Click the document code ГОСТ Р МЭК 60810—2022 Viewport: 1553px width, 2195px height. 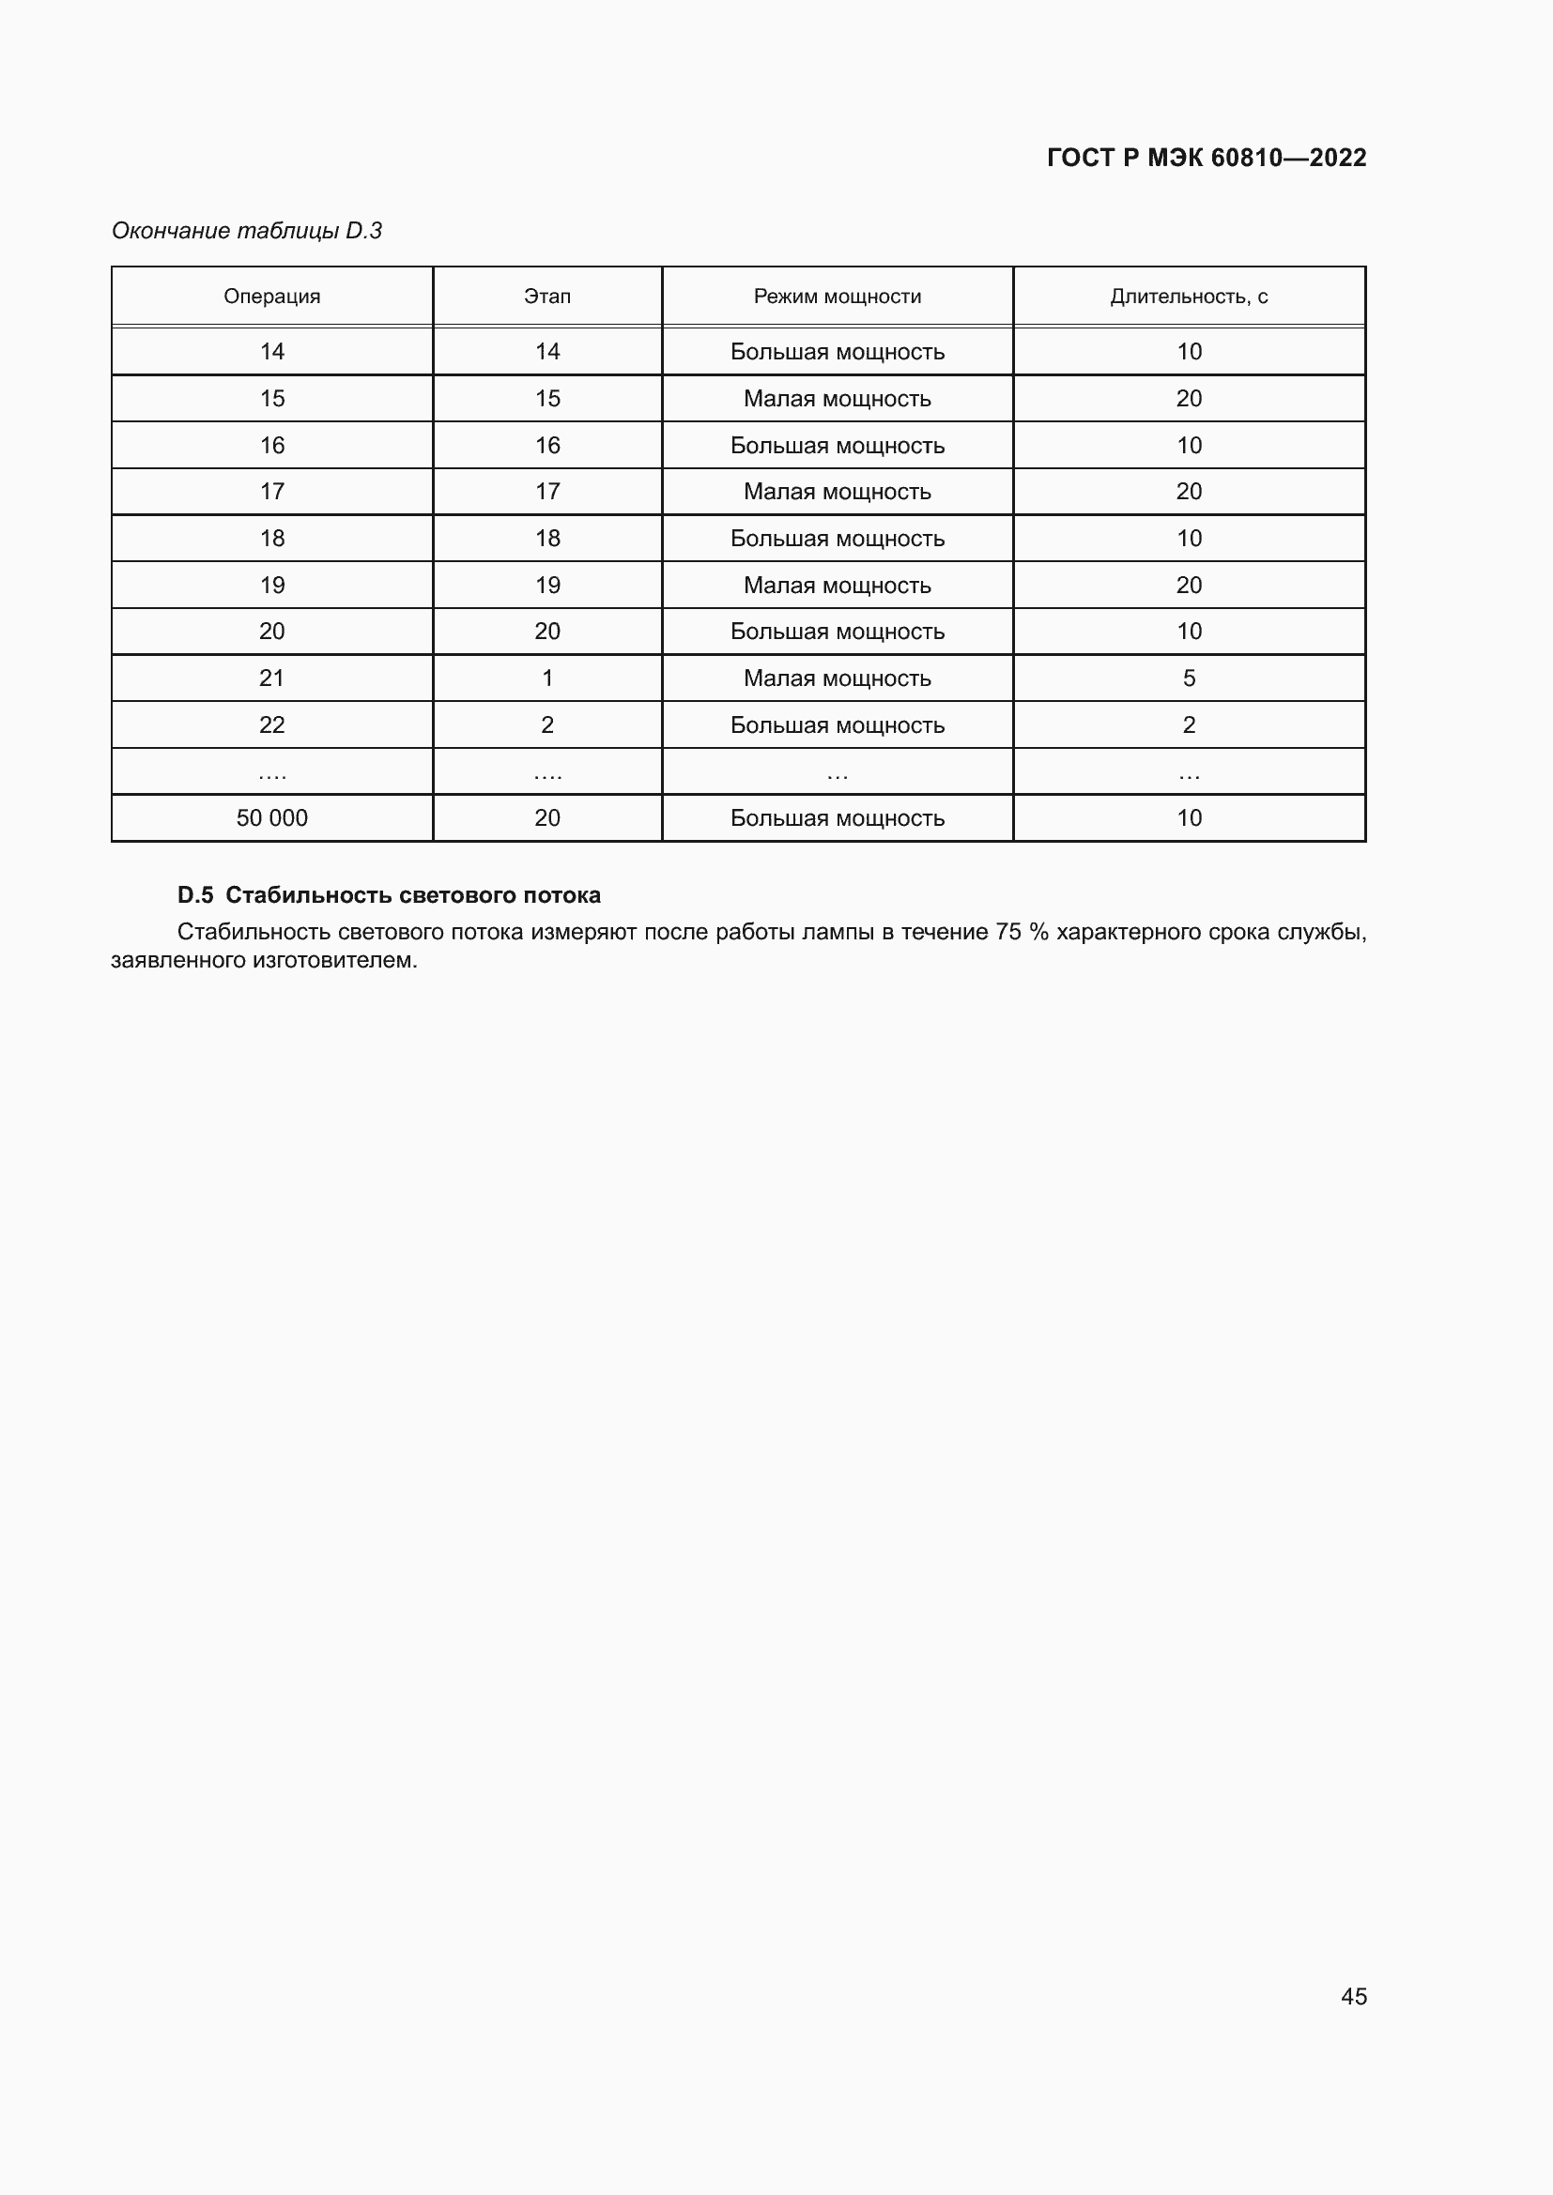[1206, 158]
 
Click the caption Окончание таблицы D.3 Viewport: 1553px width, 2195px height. [247, 231]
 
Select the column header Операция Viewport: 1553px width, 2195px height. [271, 297]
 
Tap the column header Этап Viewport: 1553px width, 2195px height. [547, 297]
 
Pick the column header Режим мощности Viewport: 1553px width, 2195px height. [837, 297]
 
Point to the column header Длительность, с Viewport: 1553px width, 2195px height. [1189, 297]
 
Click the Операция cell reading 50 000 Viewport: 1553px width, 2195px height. [271, 818]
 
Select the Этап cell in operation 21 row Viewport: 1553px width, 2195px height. [547, 678]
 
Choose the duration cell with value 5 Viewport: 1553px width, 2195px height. [1189, 678]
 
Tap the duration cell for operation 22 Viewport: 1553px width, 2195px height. [1189, 725]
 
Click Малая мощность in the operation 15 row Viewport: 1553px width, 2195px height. [837, 399]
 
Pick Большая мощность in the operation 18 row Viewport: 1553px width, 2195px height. [837, 540]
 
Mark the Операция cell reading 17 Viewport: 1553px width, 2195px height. [271, 492]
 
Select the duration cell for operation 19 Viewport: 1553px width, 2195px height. [1189, 585]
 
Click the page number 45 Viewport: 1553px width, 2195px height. [1353, 1996]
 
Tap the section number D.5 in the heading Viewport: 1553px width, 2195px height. [195, 896]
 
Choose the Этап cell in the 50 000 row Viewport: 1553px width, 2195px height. [547, 818]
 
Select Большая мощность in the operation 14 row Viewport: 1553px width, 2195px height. [837, 352]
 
